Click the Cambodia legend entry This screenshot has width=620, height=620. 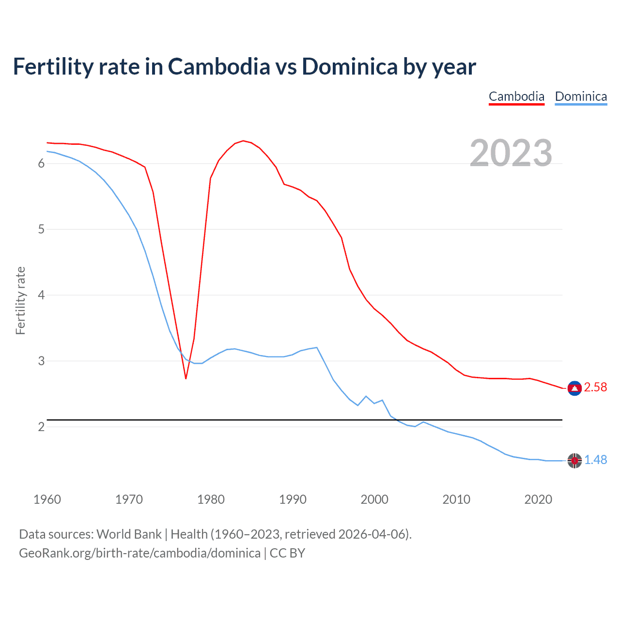[516, 96]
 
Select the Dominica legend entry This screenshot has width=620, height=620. [581, 96]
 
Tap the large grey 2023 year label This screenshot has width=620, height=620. [511, 153]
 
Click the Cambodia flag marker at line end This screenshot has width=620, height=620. [574, 388]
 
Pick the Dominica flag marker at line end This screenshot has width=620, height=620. [574, 461]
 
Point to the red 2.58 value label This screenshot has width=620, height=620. [595, 387]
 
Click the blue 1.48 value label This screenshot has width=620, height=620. [595, 460]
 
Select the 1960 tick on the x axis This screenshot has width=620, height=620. [47, 499]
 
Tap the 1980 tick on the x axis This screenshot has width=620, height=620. [211, 499]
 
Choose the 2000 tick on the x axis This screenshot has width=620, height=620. [374, 499]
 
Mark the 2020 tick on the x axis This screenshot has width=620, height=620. [538, 499]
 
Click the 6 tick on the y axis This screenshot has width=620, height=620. [41, 164]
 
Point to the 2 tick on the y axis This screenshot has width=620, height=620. [41, 427]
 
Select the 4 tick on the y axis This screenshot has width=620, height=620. [41, 295]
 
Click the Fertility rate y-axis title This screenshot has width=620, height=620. [20, 300]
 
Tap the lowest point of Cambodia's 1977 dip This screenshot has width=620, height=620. [186, 378]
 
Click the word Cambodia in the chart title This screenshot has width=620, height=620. [219, 66]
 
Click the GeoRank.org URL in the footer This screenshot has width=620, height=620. [139, 553]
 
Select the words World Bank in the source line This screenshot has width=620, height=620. [129, 534]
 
